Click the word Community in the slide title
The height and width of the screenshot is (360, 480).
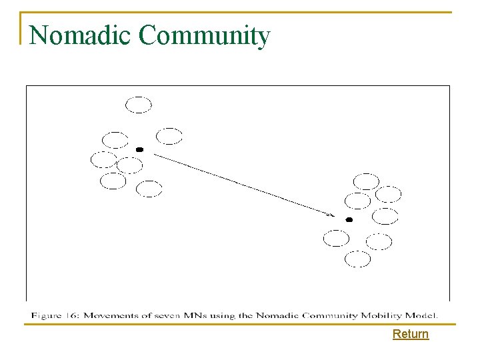pyautogui.click(x=205, y=36)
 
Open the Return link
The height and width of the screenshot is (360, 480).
pyautogui.click(x=411, y=334)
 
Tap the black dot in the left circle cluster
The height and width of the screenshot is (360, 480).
pyautogui.click(x=139, y=149)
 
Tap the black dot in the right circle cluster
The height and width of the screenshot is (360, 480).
pyautogui.click(x=349, y=219)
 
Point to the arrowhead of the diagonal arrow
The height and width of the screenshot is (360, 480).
pyautogui.click(x=331, y=215)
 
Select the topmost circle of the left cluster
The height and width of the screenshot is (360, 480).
pyautogui.click(x=139, y=105)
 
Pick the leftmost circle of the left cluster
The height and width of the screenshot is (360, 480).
pyautogui.click(x=103, y=159)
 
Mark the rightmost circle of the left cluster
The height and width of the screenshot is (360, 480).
pyautogui.click(x=169, y=136)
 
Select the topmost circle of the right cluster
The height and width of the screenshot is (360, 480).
pyautogui.click(x=366, y=181)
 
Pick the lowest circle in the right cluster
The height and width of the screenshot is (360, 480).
pyautogui.click(x=357, y=259)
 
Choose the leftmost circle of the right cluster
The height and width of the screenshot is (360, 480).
pyautogui.click(x=336, y=238)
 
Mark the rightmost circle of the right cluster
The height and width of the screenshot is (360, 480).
pyautogui.click(x=388, y=194)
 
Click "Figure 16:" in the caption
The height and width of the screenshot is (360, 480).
pyautogui.click(x=56, y=314)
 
